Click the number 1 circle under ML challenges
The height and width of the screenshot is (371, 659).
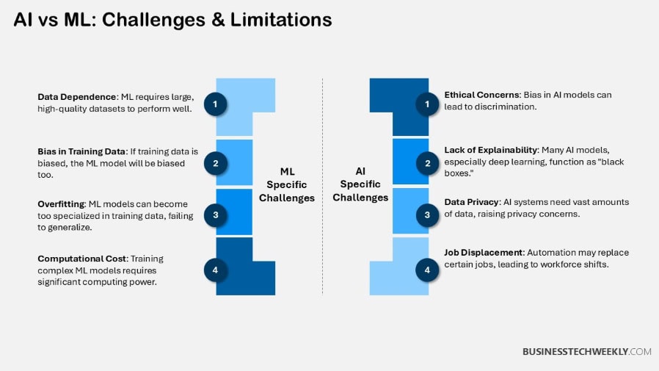(x=215, y=104)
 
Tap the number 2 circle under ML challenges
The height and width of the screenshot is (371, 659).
(x=215, y=162)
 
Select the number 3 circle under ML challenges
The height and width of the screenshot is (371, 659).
(x=215, y=215)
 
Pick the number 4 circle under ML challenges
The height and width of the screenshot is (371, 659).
(x=215, y=270)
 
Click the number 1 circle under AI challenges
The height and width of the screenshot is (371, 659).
(x=427, y=104)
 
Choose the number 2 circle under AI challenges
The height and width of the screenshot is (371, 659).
(x=427, y=162)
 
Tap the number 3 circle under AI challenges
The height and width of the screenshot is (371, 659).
(x=427, y=215)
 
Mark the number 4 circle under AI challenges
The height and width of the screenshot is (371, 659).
(x=427, y=270)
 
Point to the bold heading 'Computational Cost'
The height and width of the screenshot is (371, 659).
(x=79, y=259)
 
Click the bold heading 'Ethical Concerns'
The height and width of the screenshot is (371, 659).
(x=482, y=95)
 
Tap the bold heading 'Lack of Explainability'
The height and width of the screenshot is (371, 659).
(x=491, y=149)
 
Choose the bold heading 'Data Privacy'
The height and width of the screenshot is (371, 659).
(x=471, y=202)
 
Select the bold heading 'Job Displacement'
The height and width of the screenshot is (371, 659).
(x=482, y=253)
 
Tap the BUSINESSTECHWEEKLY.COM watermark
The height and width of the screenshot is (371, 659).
(x=586, y=352)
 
